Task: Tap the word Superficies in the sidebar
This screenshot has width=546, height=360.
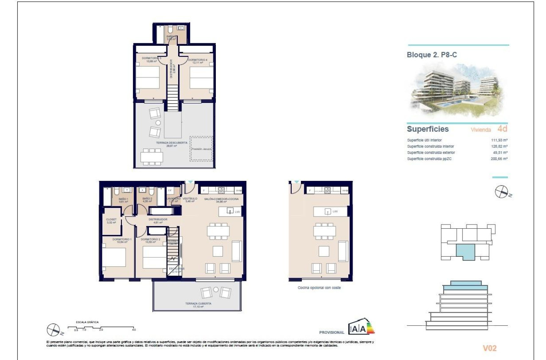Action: click(x=427, y=129)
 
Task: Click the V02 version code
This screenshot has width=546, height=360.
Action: click(x=490, y=349)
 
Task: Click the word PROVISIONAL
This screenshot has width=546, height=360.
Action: click(x=331, y=332)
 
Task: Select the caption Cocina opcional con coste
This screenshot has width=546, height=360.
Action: click(x=319, y=288)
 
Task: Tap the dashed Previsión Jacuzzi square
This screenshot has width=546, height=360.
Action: click(x=201, y=149)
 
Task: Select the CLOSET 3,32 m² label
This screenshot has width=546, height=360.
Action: click(x=112, y=221)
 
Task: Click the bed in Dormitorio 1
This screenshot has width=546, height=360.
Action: click(x=114, y=257)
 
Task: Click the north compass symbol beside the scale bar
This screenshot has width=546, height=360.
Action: click(x=54, y=329)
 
